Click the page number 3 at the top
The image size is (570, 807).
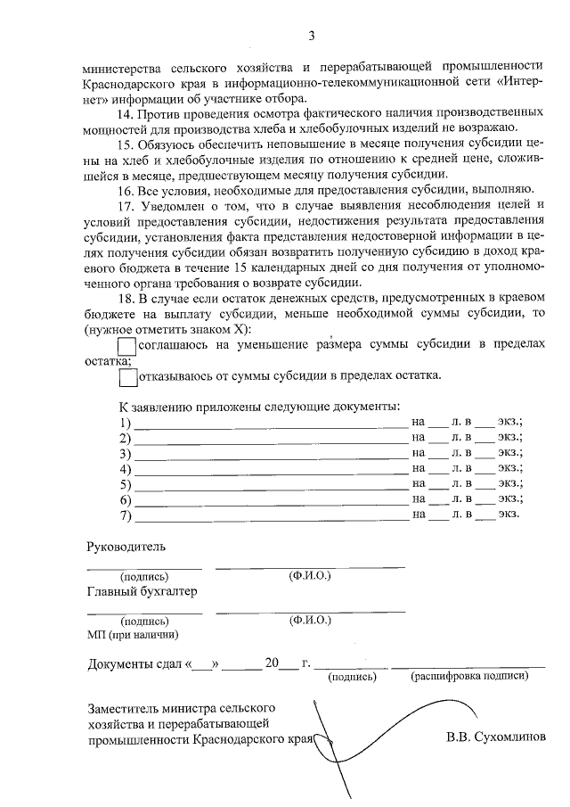[312, 37]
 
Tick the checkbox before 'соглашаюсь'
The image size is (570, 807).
[127, 345]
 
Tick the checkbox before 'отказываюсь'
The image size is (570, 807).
[127, 376]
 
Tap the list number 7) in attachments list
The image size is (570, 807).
[125, 515]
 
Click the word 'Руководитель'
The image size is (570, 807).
[126, 546]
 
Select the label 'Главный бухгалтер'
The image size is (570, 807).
[142, 591]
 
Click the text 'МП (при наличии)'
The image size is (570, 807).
[132, 635]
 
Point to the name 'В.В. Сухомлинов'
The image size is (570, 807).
[496, 738]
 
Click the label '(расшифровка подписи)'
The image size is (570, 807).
[469, 677]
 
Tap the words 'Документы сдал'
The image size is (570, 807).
[134, 663]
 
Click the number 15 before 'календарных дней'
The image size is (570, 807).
[301, 268]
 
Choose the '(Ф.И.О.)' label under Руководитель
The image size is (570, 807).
[310, 576]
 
